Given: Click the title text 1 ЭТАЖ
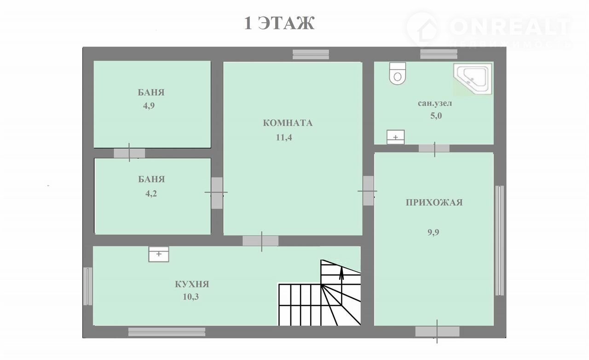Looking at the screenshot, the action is pos(279,23).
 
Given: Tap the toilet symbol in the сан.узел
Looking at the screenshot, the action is pos(398,73).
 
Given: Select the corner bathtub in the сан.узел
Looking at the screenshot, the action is pos(473,78).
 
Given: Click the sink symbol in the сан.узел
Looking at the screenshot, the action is pos(395,137).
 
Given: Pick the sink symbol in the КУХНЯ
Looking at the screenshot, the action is pos(159,254).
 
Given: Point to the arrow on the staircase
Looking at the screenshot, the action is pos(341,285).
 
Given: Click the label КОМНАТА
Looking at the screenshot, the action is pos(288,123).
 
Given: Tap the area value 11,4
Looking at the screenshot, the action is pos(284,137).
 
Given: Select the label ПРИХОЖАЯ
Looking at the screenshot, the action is pos(434,203).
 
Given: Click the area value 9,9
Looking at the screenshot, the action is pos(433,232).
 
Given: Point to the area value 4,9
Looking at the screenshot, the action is pos(149,106).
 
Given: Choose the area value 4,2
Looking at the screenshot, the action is pos(151,194).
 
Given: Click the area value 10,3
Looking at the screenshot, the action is pos(191,297).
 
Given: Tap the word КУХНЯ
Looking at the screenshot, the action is pos(192,284).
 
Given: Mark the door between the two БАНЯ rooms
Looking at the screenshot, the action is pos(129,153).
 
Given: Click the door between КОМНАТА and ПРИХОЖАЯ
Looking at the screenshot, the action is pos(368,191).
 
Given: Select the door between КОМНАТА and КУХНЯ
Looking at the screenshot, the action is pos(260,241).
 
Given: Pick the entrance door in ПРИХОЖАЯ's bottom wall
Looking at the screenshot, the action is pos(437,331).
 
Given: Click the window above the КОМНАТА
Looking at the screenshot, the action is pos(311,54).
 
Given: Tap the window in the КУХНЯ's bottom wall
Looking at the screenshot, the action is pos(167,332).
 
